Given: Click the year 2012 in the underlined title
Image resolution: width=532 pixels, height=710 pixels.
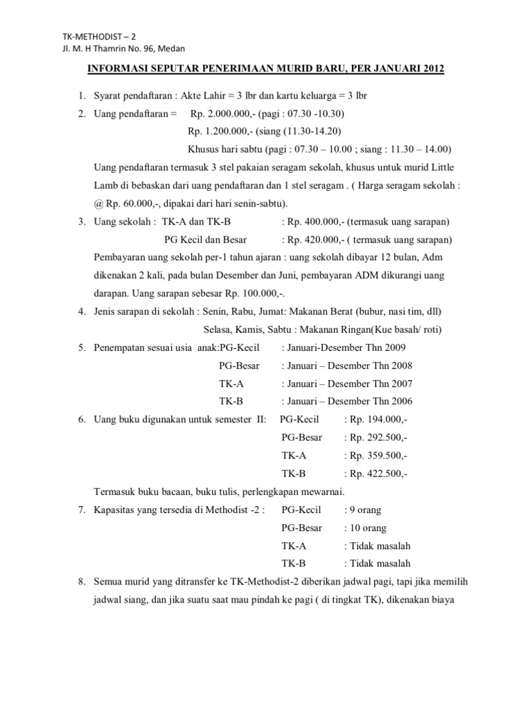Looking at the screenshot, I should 429,69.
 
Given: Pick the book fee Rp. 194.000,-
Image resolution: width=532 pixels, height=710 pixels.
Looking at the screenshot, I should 380,419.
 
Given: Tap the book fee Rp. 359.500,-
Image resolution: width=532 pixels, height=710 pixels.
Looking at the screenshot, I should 380,456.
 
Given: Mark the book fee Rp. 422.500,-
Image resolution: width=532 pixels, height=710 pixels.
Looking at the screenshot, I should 380,474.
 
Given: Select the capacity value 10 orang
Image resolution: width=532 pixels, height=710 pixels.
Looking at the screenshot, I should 369,528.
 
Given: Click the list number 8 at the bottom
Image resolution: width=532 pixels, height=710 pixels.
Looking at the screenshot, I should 81,582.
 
